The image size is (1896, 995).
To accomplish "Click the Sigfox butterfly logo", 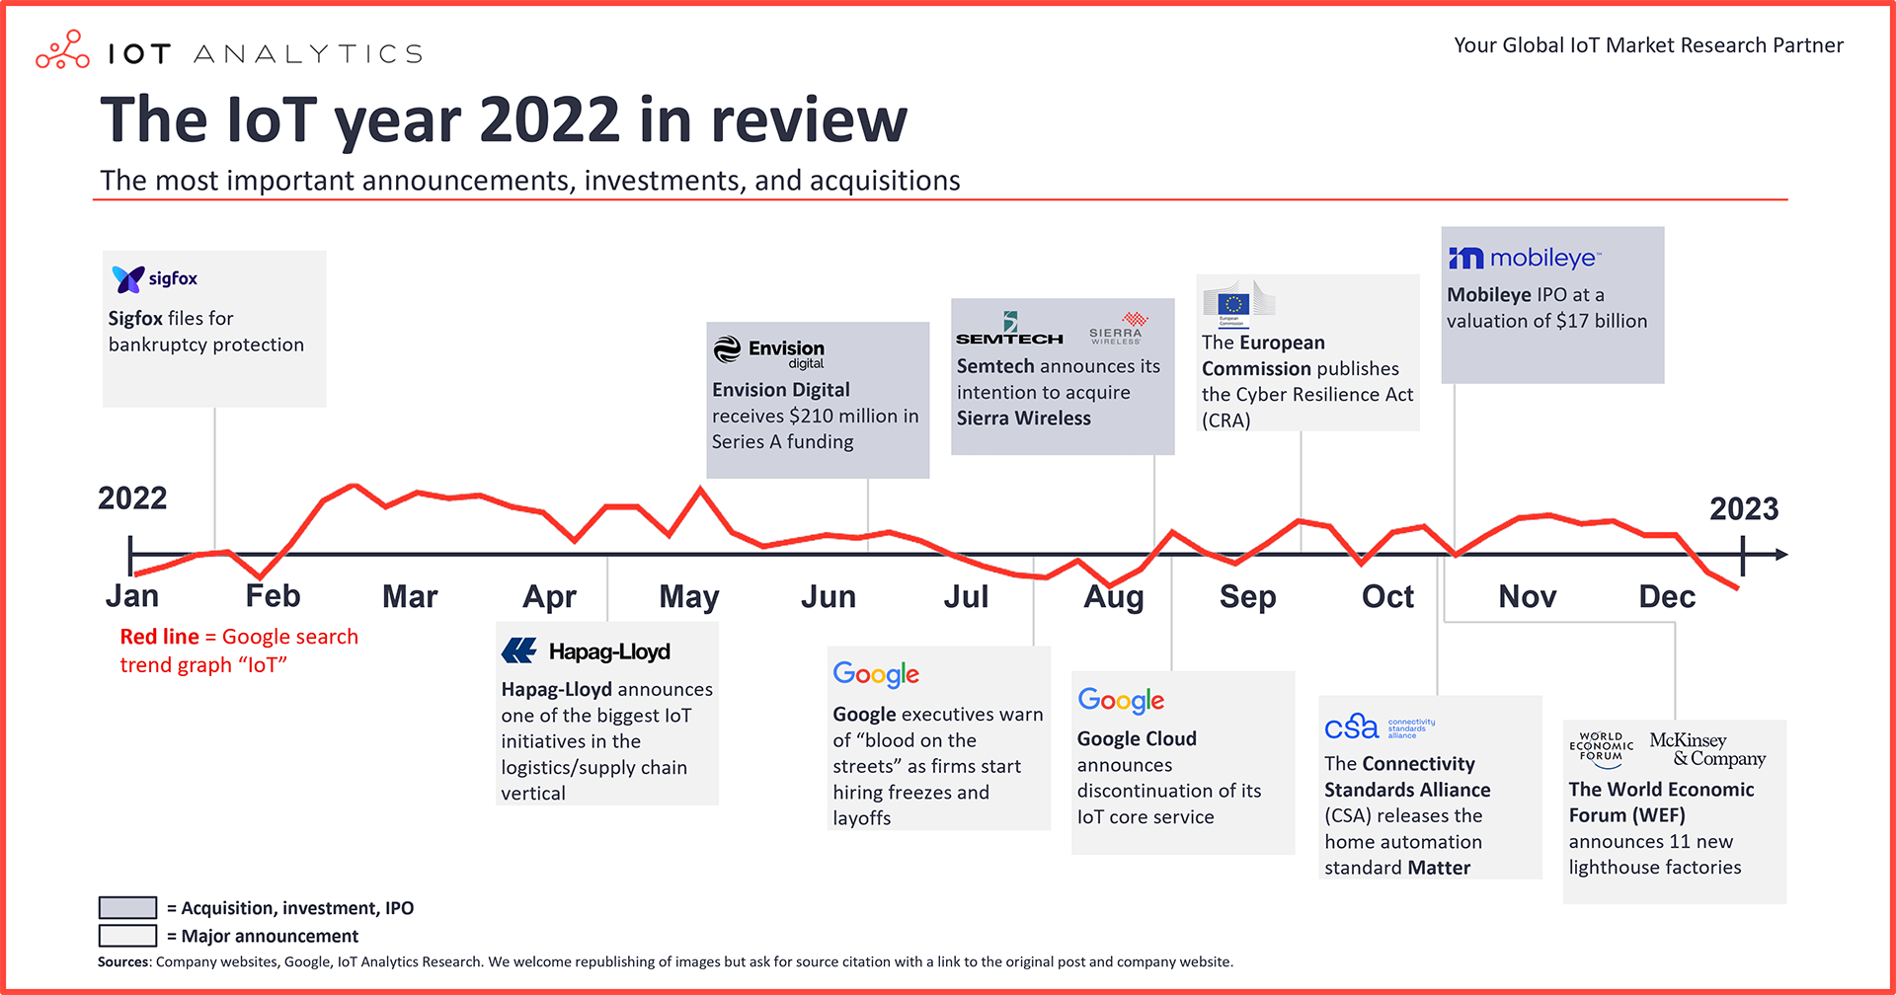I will point(128,279).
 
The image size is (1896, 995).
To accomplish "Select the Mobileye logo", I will point(1524,259).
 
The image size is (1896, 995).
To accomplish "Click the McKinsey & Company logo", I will point(1707,749).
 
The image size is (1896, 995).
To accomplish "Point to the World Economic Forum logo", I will point(1601,749).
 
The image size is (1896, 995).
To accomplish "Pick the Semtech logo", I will point(1009,330).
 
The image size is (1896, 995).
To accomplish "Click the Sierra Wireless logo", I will point(1117,329).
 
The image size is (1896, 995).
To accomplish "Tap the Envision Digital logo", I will point(768,351).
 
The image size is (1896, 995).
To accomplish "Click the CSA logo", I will point(1379,727).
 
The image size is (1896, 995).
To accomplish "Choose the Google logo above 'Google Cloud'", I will point(1121,701).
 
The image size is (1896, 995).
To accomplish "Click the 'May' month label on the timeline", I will point(689,597).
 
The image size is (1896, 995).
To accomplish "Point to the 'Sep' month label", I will point(1247,597).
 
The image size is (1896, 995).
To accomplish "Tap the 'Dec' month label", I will point(1667,597).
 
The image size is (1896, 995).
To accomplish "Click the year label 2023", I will point(1743,509).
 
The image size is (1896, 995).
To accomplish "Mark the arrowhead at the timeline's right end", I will point(1780,555).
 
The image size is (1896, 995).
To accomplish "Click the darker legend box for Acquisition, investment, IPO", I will point(127,907).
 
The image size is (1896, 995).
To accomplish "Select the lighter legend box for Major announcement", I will point(127,936).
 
